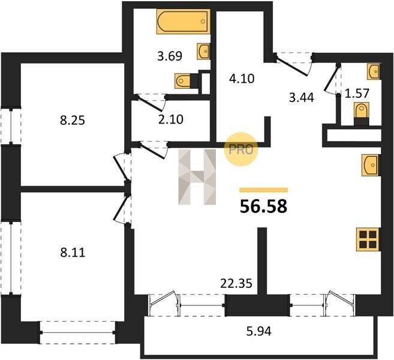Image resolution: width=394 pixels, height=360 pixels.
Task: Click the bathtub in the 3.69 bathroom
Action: pyautogui.click(x=183, y=22)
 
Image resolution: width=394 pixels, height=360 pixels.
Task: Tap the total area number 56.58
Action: pyautogui.click(x=263, y=206)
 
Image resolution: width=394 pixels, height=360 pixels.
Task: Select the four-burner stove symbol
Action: pyautogui.click(x=368, y=239)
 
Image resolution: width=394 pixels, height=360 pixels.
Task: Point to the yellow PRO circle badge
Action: pyautogui.click(x=240, y=149)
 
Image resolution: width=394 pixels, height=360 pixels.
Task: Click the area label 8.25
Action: pyautogui.click(x=73, y=121)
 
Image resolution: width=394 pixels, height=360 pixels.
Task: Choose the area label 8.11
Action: pyautogui.click(x=73, y=253)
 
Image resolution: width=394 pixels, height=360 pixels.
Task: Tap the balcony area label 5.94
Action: pyautogui.click(x=259, y=331)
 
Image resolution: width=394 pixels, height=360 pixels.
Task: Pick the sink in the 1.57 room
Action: pyautogui.click(x=374, y=71)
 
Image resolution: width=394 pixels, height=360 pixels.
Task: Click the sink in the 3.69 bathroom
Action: pyautogui.click(x=203, y=51)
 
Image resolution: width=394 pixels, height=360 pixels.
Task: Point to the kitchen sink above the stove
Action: pyautogui.click(x=370, y=165)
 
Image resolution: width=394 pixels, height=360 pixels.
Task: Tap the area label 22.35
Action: pyautogui.click(x=236, y=284)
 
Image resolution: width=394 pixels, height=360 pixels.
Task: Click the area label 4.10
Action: pyautogui.click(x=242, y=79)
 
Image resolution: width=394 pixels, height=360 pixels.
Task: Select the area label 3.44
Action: pyautogui.click(x=301, y=98)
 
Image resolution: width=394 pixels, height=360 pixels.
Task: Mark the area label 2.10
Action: pyautogui.click(x=171, y=119)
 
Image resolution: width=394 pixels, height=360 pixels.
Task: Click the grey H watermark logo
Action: pyautogui.click(x=197, y=177)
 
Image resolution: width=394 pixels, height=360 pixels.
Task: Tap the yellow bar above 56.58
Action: pyautogui.click(x=264, y=190)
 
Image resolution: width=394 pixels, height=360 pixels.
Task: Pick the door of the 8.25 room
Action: pyautogui.click(x=120, y=167)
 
